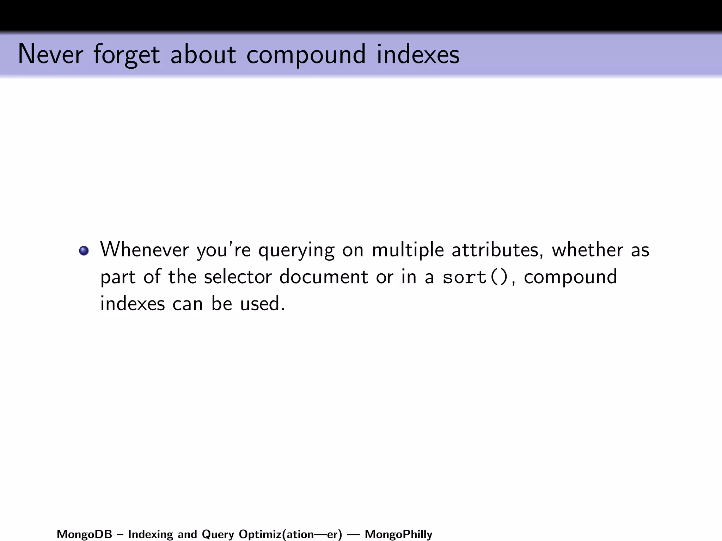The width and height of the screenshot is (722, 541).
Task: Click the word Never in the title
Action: click(x=50, y=55)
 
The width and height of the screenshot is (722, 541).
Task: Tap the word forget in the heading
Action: click(x=127, y=55)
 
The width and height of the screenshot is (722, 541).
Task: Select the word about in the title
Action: click(x=203, y=55)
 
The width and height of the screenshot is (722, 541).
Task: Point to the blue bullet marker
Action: click(x=84, y=251)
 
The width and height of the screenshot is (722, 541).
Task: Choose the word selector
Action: click(x=238, y=277)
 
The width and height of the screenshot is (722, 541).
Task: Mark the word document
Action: click(x=323, y=277)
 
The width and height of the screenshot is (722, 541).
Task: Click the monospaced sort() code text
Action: click(x=475, y=277)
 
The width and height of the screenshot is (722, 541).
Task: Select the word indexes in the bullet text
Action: click(x=133, y=304)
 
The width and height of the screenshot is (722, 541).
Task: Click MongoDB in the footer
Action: click(x=84, y=534)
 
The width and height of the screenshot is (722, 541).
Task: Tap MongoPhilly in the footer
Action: click(x=398, y=535)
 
